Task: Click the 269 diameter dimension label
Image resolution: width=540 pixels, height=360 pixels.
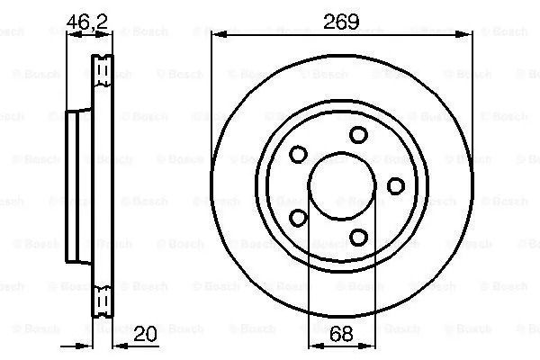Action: (341, 22)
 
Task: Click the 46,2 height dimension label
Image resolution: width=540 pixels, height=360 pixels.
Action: (87, 22)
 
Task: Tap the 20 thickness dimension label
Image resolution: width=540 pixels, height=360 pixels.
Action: (145, 334)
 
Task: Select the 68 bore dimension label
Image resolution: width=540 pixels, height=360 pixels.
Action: (341, 334)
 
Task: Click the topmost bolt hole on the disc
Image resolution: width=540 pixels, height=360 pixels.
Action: (358, 135)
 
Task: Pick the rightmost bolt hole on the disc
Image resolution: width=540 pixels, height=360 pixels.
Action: (396, 186)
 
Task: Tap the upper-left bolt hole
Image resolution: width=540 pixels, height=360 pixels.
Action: (298, 154)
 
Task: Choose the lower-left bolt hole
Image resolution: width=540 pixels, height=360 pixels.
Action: (298, 218)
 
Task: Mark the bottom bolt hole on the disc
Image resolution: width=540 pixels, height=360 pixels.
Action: (358, 237)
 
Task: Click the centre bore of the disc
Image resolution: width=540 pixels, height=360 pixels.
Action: (342, 186)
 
